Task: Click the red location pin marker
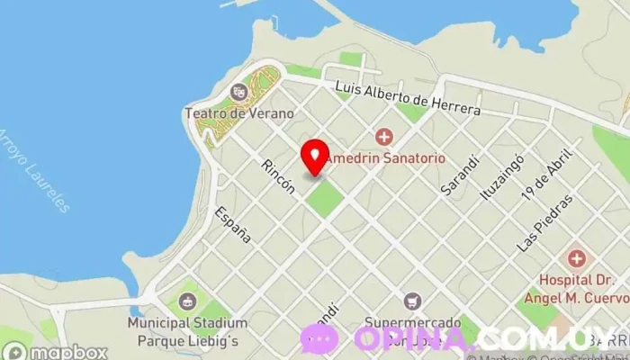(314, 157)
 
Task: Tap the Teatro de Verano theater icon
(238, 91)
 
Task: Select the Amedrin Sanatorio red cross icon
(384, 137)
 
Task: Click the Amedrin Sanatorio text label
(384, 157)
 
